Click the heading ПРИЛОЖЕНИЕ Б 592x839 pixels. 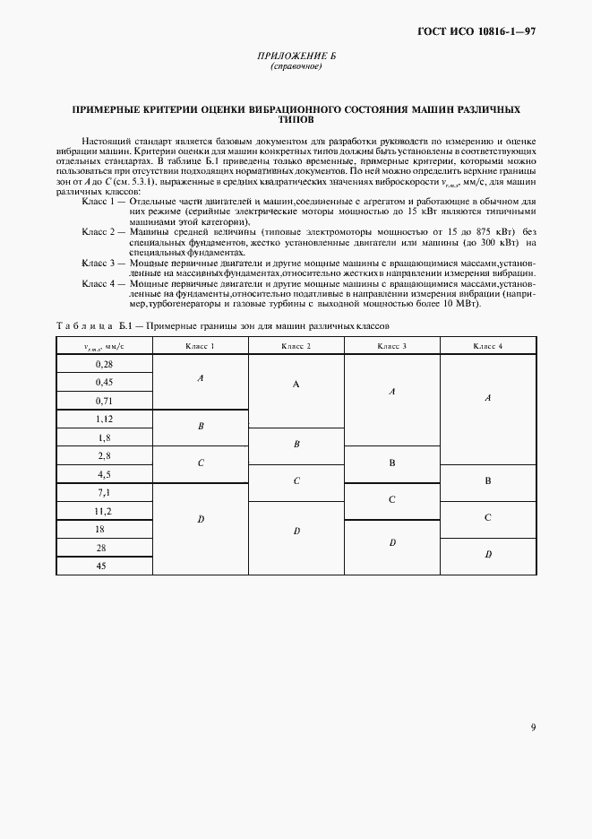pos(296,57)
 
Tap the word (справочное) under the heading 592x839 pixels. pos(296,68)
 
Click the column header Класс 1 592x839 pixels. pos(200,345)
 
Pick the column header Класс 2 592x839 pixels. pos(296,345)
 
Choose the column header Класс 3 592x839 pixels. pos(392,345)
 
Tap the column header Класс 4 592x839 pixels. pos(488,345)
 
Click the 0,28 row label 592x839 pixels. pos(104,364)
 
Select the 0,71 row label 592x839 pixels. pos(104,401)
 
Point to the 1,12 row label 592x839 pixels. pos(104,419)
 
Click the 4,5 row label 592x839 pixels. pos(104,474)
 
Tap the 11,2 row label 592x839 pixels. pos(104,511)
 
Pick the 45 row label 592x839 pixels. pos(104,566)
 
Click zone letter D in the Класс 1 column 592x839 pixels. pos(200,519)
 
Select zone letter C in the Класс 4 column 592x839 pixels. pos(488,518)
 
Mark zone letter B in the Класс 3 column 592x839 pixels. pos(392,463)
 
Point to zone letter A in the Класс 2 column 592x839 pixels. pos(296,384)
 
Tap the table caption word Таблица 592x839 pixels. pos(84,325)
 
